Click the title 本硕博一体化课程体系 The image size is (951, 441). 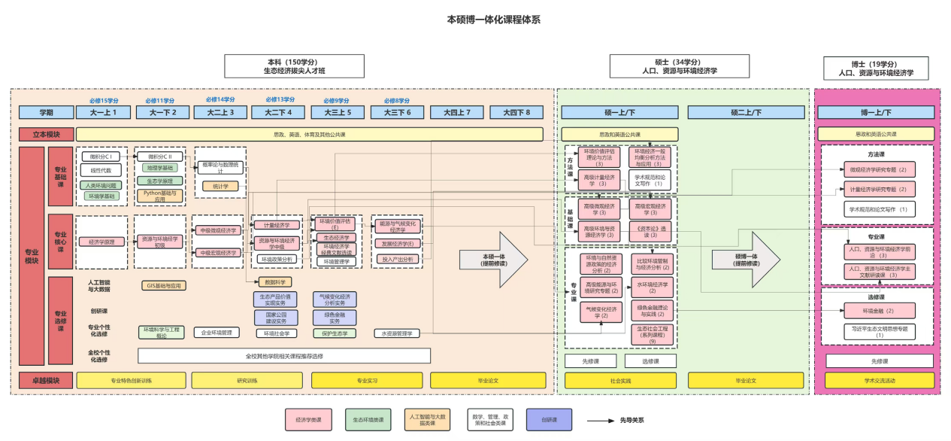[493, 20]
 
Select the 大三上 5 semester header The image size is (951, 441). [337, 112]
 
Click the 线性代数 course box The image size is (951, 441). [101, 170]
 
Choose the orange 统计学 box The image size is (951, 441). [220, 186]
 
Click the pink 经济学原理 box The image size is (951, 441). [101, 242]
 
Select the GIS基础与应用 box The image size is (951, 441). [163, 285]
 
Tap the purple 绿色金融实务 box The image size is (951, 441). [335, 317]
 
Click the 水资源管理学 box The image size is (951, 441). [397, 333]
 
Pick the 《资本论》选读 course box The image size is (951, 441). [650, 231]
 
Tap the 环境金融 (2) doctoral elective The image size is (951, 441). [878, 311]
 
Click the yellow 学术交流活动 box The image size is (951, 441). [878, 380]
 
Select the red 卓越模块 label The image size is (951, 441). [46, 380]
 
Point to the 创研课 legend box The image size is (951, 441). [549, 420]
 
